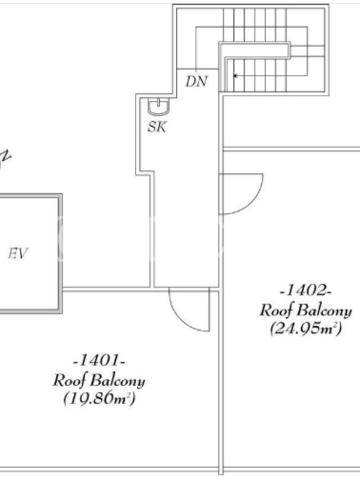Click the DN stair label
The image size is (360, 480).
[x=197, y=82]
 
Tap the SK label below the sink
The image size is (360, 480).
[x=157, y=127]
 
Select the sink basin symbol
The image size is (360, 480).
[x=158, y=107]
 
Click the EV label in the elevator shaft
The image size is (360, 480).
[x=18, y=254]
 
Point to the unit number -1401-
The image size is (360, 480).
[x=99, y=361]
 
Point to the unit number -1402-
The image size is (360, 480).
[x=306, y=290]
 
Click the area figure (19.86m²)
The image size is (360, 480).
[x=99, y=398]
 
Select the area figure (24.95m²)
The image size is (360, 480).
[x=306, y=328]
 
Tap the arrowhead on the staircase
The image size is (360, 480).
[x=235, y=76]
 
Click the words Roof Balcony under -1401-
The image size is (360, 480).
[x=99, y=380]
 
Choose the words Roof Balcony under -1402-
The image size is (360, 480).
[x=306, y=310]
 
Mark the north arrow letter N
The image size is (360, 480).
[x=6, y=156]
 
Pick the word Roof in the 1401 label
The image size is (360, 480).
[x=70, y=380]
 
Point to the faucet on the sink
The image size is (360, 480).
[x=158, y=102]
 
